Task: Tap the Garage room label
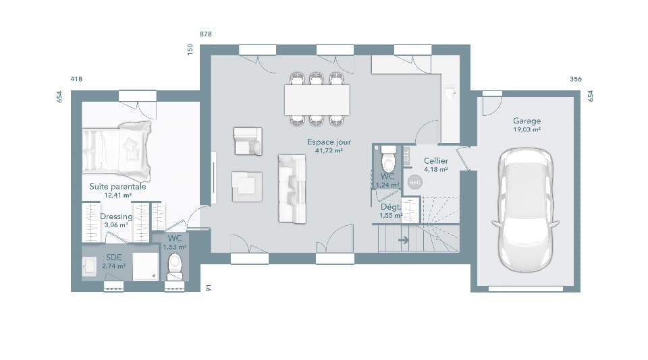point(526,121)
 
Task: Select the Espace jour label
point(329,142)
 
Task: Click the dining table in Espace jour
point(317,100)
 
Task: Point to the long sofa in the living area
point(292,189)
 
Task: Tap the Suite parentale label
point(117,187)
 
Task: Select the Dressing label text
point(116,216)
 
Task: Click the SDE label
point(113,258)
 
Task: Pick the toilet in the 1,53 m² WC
point(175,266)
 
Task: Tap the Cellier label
point(435,161)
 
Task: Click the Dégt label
point(389,207)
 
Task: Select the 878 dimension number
point(206,34)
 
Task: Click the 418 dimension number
point(76,80)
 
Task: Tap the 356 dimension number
point(575,80)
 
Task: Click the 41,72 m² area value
point(329,151)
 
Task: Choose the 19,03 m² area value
point(526,129)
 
